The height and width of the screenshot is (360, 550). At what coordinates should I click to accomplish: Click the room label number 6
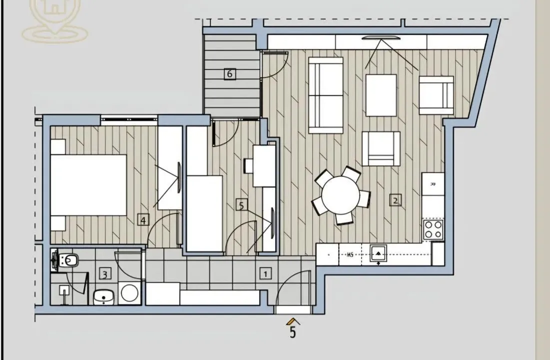(x=230, y=74)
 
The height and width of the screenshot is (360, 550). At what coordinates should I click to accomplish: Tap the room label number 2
(x=395, y=200)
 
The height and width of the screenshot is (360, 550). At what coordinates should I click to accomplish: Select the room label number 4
(x=143, y=219)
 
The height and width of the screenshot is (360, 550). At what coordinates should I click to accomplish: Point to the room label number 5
(x=242, y=205)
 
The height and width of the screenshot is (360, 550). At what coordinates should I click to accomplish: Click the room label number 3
(x=104, y=274)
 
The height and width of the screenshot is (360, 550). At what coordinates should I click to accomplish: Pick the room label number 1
(x=265, y=273)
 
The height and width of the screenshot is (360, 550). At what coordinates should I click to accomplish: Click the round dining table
(x=340, y=195)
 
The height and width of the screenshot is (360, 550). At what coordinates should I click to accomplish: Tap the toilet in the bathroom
(x=67, y=260)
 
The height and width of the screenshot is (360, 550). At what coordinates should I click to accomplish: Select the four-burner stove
(x=433, y=230)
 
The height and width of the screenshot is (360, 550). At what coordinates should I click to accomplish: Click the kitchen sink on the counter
(x=378, y=254)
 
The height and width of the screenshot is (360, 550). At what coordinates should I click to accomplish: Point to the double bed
(x=89, y=185)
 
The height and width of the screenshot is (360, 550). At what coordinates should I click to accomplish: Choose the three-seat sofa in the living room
(x=326, y=95)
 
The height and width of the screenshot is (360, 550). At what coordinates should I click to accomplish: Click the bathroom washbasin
(x=104, y=297)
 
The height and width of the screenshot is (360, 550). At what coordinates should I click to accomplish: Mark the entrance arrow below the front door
(x=293, y=321)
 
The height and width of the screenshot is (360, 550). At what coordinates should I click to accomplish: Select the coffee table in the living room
(x=381, y=95)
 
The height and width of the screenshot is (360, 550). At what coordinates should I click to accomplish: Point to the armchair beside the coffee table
(x=436, y=95)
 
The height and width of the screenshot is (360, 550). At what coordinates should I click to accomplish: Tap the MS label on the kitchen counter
(x=350, y=255)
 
